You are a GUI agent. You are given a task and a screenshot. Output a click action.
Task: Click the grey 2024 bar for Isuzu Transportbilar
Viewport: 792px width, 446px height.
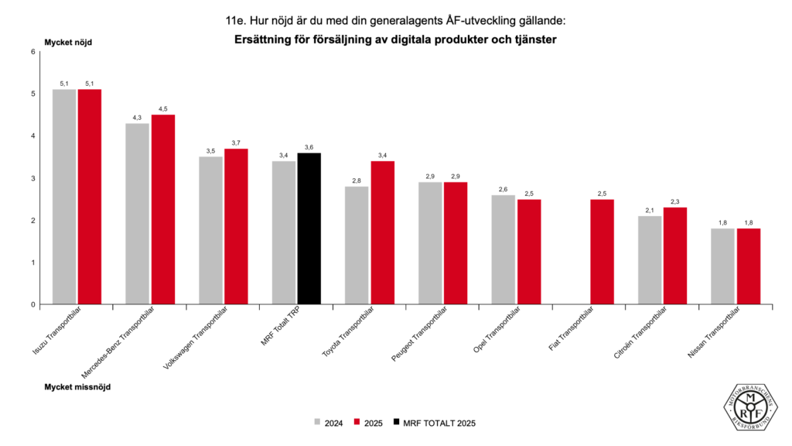[64, 197]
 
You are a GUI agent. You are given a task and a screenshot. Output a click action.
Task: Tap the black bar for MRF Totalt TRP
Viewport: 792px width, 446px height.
[309, 228]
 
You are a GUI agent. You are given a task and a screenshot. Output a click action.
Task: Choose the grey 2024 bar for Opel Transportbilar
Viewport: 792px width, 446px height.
[503, 249]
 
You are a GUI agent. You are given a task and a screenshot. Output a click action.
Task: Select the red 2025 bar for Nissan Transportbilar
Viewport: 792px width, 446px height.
[748, 266]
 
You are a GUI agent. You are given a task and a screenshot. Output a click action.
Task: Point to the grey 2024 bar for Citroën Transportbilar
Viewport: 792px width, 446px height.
[649, 260]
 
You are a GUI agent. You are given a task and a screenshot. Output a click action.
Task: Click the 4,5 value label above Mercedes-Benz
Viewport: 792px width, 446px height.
[162, 109]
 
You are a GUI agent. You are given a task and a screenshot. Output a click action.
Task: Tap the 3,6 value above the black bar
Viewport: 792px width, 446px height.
[309, 147]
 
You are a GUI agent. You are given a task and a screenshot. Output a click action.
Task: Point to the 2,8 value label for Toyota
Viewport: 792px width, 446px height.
[357, 180]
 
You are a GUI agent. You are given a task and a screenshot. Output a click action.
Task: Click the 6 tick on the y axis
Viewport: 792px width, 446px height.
[33, 52]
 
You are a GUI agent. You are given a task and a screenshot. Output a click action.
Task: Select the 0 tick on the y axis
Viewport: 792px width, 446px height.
[33, 304]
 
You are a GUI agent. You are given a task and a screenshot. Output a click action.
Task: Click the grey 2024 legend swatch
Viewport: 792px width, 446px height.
[318, 423]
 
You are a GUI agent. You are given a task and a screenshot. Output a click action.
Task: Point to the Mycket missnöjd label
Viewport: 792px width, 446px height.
[77, 386]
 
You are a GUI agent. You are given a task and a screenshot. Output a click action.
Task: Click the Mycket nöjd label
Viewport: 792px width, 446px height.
[68, 42]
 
